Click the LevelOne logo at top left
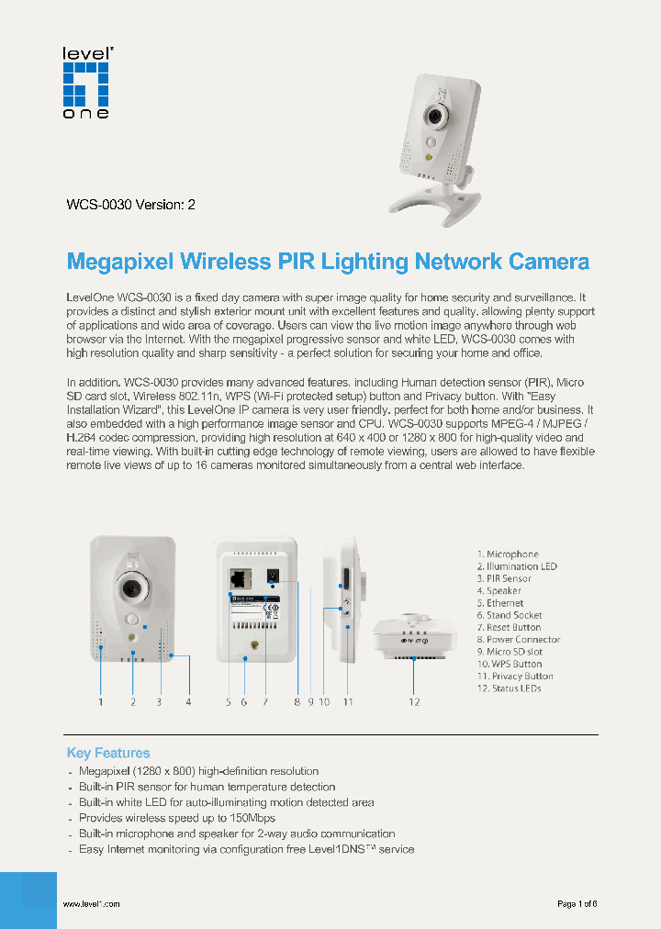85,82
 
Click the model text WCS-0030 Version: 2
130,205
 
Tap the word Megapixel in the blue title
120,262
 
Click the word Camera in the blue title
547,262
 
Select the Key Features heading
108,753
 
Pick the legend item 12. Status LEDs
510,688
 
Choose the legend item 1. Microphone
508,554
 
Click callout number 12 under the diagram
414,702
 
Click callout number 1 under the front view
101,702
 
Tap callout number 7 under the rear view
264,702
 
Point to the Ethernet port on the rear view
241,578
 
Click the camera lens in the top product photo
431,118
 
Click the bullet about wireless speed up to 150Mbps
176,818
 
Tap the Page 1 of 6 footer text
577,904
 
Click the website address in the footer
91,904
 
